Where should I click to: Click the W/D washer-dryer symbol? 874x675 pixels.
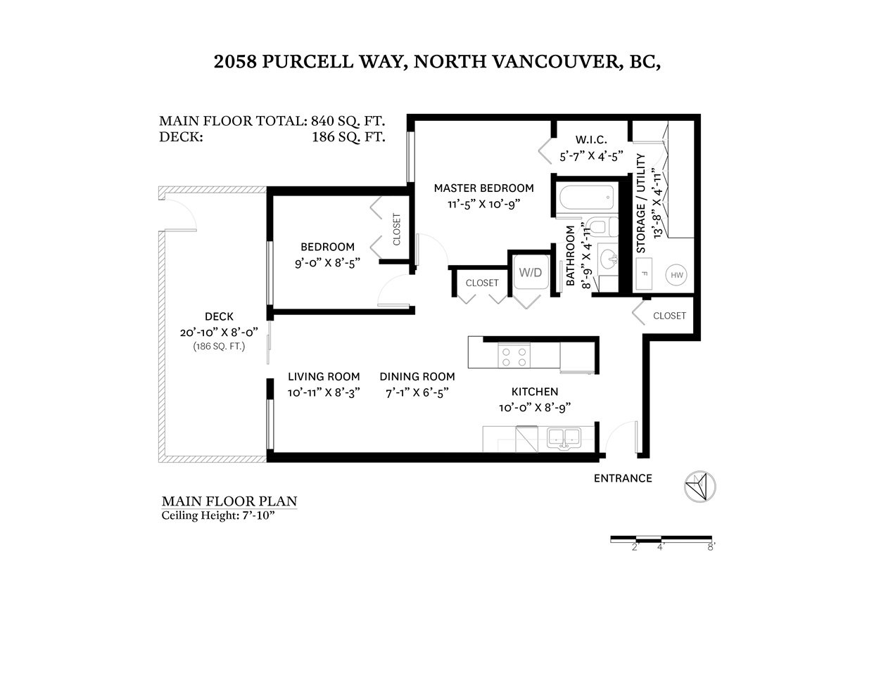tap(531, 272)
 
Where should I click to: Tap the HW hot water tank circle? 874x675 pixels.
tap(676, 275)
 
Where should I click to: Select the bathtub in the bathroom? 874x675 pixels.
tap(587, 198)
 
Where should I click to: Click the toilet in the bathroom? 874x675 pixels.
tap(602, 227)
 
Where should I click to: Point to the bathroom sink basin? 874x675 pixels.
tap(608, 258)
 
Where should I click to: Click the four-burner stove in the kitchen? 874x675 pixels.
tap(514, 355)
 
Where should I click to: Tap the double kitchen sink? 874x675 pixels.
tap(564, 437)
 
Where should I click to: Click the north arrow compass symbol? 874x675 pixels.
tap(700, 487)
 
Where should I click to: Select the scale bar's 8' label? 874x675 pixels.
tap(711, 547)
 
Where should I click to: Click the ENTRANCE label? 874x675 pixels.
tap(623, 478)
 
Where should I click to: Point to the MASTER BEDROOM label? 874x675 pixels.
tap(484, 188)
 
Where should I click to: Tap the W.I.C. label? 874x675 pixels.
tap(591, 140)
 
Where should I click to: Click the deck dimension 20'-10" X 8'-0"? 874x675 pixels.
tap(219, 333)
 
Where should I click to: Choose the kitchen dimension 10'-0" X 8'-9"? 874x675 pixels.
tap(535, 408)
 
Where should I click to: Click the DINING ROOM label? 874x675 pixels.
tap(417, 376)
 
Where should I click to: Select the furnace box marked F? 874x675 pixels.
tap(644, 274)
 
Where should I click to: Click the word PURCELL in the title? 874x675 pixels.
tap(308, 61)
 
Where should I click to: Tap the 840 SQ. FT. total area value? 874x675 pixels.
tap(348, 120)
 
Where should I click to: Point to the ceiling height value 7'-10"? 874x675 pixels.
tap(259, 515)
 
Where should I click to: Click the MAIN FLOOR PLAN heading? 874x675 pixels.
tap(229, 501)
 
